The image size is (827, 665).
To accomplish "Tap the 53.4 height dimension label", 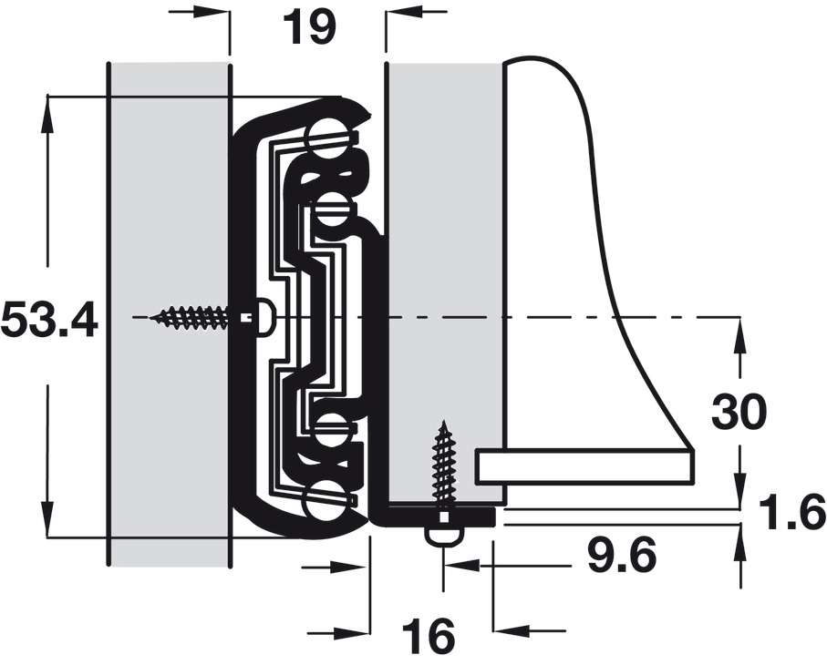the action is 49,321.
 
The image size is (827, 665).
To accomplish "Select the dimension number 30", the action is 739,412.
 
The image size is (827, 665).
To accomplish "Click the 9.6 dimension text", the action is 622,556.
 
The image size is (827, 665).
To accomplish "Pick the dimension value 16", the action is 428,636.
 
